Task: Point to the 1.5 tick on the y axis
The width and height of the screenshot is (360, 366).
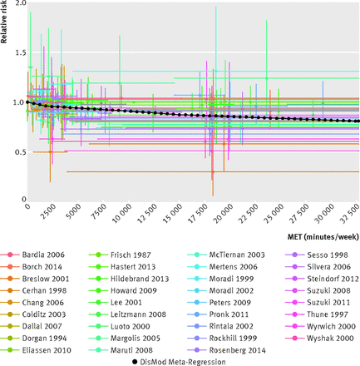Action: tap(20, 52)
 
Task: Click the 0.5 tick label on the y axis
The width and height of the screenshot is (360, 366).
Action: tap(20, 152)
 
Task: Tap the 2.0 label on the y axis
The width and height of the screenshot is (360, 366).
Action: tap(20, 3)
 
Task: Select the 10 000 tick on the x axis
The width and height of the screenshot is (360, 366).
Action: tap(122, 213)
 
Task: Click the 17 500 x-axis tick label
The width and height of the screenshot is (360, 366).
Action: tap(198, 213)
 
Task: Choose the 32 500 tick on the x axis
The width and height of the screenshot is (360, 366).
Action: tap(349, 213)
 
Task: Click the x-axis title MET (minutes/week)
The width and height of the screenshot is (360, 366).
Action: tap(323, 237)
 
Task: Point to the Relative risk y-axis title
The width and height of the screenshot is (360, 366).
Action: tap(3, 22)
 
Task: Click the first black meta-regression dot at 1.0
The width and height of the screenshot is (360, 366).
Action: tap(27, 102)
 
